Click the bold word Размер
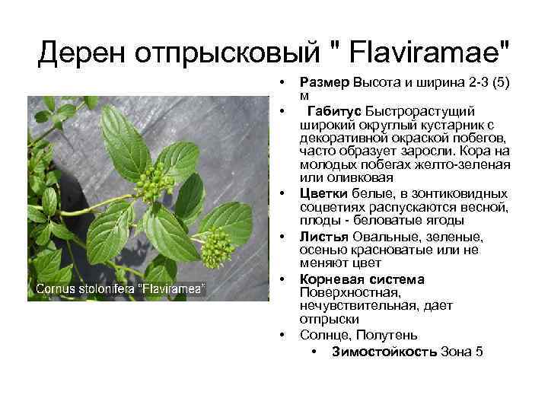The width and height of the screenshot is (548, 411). click(323, 82)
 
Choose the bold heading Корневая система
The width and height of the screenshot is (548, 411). click(362, 279)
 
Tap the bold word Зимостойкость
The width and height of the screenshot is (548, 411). click(384, 351)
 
